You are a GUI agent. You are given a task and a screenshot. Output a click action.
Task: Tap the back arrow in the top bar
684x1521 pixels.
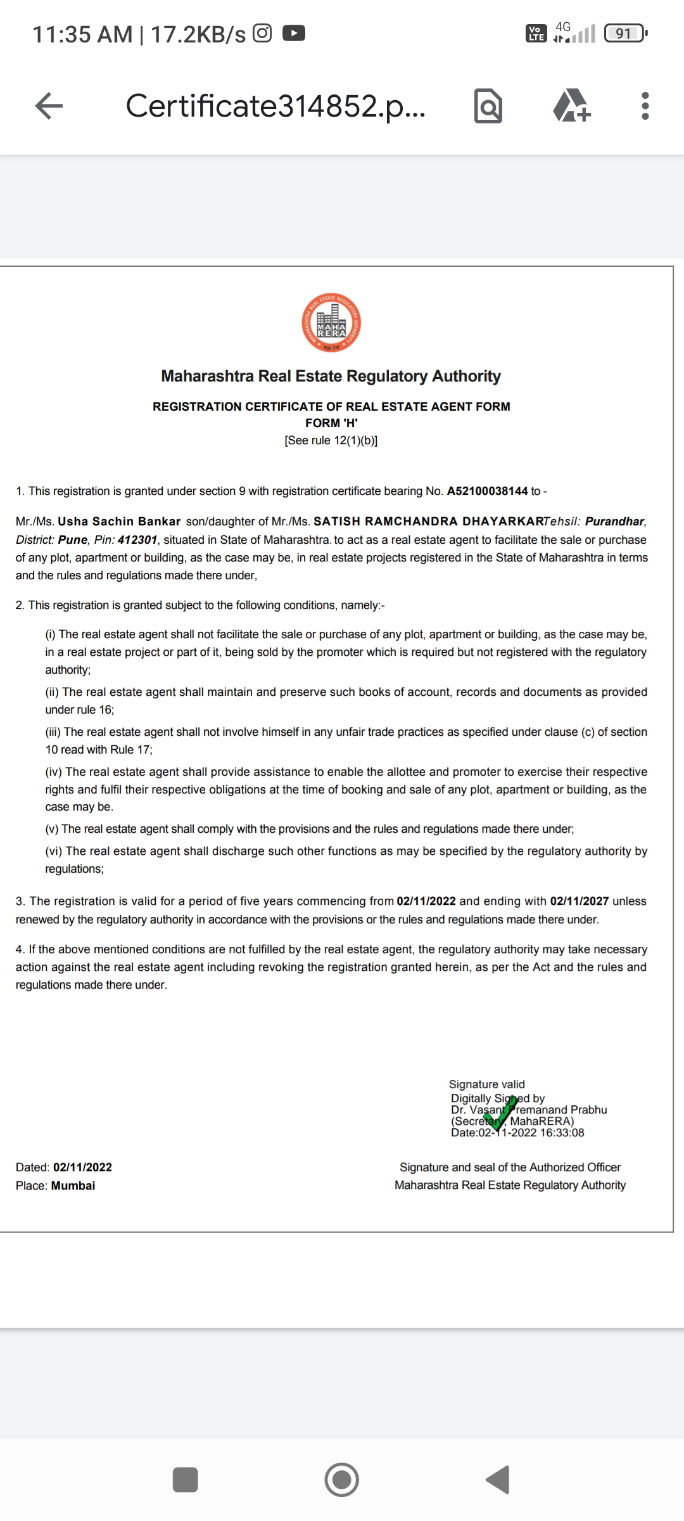[x=49, y=106]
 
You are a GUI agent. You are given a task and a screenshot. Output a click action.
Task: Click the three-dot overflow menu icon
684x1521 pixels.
[x=645, y=106]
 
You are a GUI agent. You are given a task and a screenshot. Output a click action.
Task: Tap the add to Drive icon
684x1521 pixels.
[x=572, y=106]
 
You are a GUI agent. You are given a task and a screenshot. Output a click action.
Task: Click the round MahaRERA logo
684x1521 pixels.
[x=331, y=323]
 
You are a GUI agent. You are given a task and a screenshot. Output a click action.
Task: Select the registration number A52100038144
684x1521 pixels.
[x=487, y=491]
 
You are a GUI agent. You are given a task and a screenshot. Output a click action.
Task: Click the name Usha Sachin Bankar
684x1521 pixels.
[x=119, y=522]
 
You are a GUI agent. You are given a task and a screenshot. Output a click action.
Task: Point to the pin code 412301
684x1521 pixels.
[x=137, y=540]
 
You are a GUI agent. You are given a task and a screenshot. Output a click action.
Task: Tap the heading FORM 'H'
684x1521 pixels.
[x=331, y=423]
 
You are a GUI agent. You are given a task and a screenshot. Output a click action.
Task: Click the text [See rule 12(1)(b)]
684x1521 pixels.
[x=331, y=440]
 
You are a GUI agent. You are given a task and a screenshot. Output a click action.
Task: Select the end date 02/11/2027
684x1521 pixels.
[x=579, y=901]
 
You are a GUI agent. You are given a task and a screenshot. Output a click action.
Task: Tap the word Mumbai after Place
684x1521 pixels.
[x=73, y=1186]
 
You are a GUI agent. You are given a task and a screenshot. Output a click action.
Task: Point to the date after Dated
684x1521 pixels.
[x=82, y=1167]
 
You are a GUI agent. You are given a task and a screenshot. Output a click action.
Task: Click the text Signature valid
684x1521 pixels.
[x=486, y=1084]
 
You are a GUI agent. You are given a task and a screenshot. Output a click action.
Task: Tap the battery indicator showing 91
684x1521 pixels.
[x=624, y=33]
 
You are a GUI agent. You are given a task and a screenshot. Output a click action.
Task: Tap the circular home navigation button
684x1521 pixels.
[x=341, y=1480]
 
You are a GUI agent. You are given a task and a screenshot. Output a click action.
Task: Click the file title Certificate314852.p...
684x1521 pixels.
[x=275, y=106]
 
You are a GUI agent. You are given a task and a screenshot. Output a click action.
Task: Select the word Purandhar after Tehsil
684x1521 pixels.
[x=614, y=522]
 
